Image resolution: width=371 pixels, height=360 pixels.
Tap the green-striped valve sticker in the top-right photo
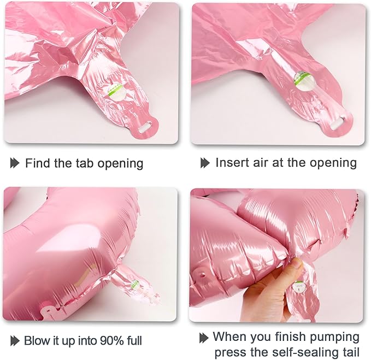point(302,81)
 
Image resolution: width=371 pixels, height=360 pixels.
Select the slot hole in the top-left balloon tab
point(145,126)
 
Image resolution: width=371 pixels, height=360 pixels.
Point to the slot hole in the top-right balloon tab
point(339,123)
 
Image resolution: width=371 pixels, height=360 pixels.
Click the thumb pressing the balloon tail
point(296,265)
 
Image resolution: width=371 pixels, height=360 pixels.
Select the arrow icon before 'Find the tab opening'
point(15,163)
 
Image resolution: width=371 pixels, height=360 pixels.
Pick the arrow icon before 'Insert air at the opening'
point(205,163)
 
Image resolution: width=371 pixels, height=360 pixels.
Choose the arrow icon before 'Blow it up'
point(15,341)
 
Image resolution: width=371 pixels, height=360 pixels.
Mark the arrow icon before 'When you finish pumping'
point(204,338)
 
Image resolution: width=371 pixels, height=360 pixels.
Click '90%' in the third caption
point(111,340)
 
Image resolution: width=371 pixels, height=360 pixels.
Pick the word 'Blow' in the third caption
point(37,340)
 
